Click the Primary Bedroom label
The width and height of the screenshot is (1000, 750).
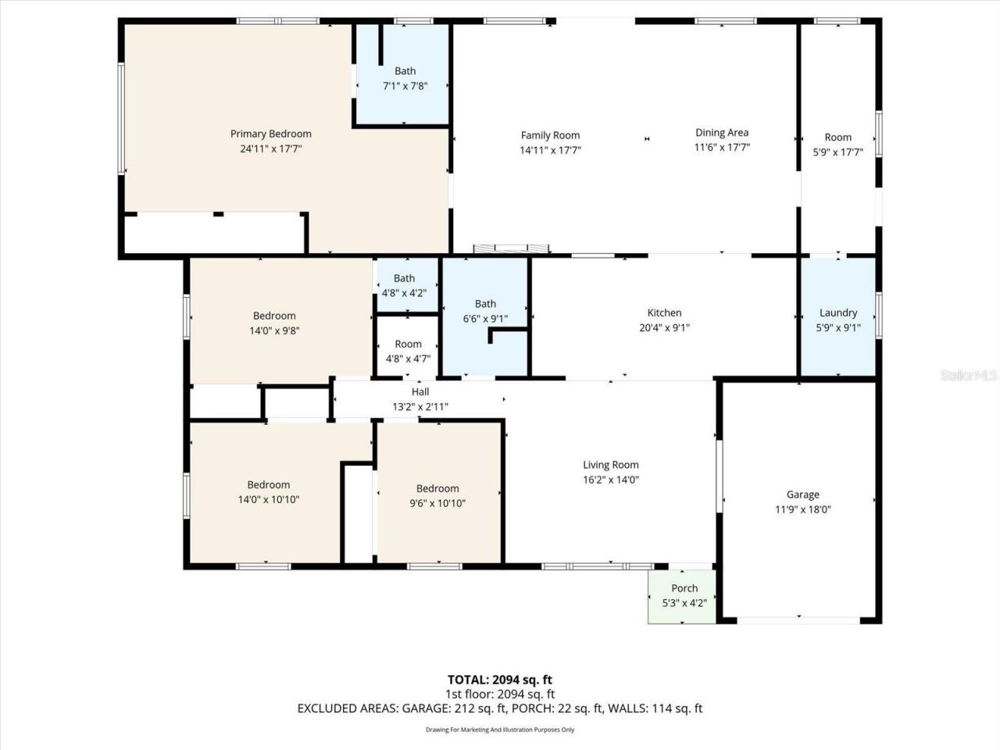tap(270, 134)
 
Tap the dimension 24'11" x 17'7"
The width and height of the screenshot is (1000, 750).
tap(270, 148)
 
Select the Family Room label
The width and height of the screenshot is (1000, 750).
tap(550, 135)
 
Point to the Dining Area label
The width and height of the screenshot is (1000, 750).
tap(722, 132)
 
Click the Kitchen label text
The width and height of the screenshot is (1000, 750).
tap(664, 312)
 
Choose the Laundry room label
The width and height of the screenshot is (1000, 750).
tap(837, 312)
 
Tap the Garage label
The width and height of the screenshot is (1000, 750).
tap(802, 495)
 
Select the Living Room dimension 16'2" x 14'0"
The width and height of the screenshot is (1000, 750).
tap(610, 480)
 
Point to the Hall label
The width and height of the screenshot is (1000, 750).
tap(420, 391)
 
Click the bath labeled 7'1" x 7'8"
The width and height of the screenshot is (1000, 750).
tap(404, 78)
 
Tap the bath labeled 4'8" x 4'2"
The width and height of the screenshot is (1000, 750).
tap(404, 285)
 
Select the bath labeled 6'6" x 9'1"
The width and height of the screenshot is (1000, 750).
tap(485, 311)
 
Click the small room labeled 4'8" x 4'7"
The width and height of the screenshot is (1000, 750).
tap(408, 351)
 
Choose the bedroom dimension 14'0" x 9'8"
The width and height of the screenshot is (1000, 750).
tap(274, 330)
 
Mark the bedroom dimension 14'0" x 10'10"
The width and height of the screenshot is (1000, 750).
tap(268, 499)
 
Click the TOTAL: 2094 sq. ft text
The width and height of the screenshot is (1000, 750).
tap(499, 680)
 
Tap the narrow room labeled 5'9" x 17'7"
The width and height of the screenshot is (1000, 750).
tap(837, 145)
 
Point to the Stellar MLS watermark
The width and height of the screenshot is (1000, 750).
tap(969, 375)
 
